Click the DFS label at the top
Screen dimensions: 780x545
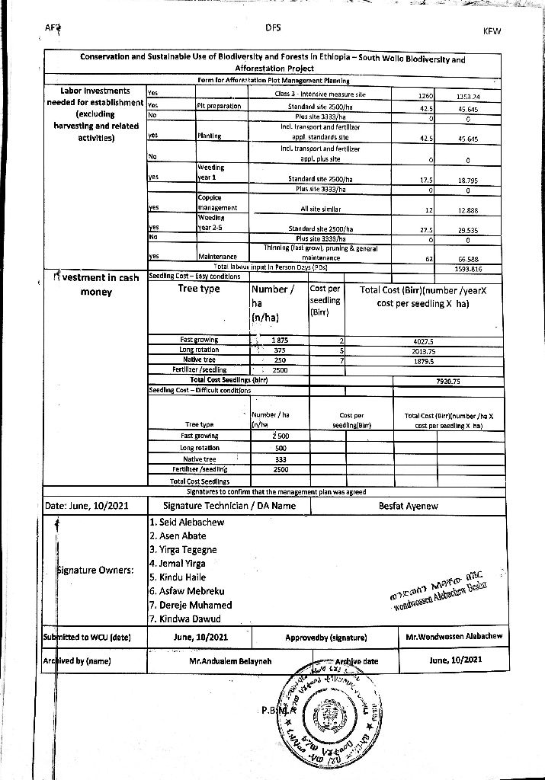tap(273, 27)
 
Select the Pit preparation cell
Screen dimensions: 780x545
tap(219, 106)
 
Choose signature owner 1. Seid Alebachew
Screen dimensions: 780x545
tap(187, 522)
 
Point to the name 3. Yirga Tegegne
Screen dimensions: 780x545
tap(183, 549)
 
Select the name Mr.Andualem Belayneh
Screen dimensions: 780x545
tap(229, 660)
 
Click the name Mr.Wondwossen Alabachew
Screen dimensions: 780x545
tap(454, 636)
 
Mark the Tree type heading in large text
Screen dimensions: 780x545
tap(198, 289)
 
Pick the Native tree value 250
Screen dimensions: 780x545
tap(280, 360)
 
